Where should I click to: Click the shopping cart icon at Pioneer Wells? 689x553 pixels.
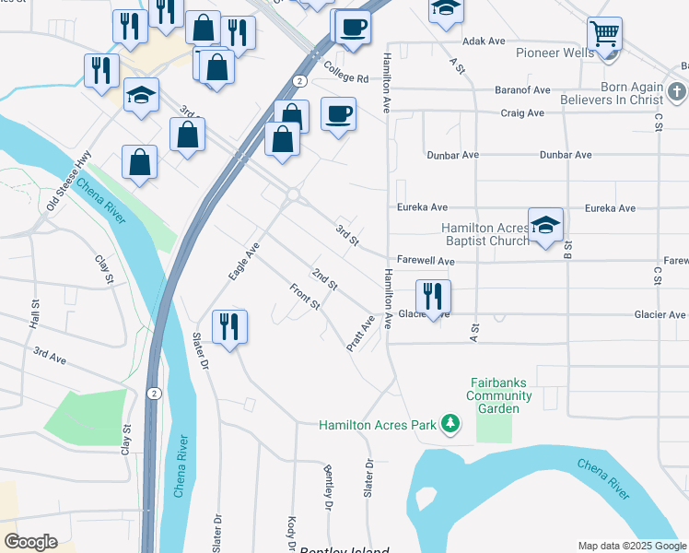click(x=604, y=34)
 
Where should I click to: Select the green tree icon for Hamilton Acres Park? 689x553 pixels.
click(x=450, y=423)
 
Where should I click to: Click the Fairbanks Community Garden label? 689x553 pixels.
click(x=499, y=395)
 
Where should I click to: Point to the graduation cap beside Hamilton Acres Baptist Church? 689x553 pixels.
click(x=545, y=225)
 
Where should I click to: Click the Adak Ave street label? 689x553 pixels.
click(x=485, y=41)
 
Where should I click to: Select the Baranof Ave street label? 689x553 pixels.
click(x=522, y=90)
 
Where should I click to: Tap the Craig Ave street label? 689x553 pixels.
click(x=522, y=113)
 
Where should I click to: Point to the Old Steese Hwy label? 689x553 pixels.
click(x=70, y=182)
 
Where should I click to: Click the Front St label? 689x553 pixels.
click(x=304, y=297)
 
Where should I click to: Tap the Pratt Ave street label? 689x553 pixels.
click(x=360, y=333)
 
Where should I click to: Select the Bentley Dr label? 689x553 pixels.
click(x=327, y=487)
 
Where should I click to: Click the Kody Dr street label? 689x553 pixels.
click(x=292, y=533)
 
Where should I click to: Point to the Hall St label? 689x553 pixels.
click(x=35, y=314)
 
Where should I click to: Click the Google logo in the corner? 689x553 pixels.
click(x=30, y=542)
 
